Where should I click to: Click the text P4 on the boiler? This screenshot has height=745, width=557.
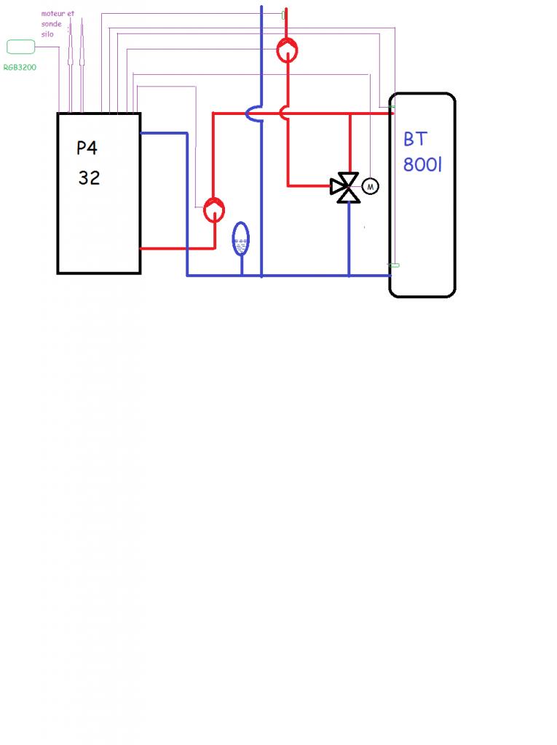coord(87,148)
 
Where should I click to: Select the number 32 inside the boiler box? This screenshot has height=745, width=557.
coord(89,178)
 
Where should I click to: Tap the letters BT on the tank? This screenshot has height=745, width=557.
coord(414,140)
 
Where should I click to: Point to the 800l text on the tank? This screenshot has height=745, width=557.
coord(422,164)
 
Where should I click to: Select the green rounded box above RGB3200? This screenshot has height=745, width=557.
coord(20,47)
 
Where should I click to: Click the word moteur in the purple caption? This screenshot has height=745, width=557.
coord(53,14)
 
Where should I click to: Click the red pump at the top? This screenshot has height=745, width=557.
coord(287,50)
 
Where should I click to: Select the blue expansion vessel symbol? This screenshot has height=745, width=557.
coord(240,239)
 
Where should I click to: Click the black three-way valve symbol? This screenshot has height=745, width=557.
coord(344,187)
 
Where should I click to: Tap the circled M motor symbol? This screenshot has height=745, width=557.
coord(371,186)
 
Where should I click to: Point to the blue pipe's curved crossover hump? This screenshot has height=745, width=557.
coord(253,113)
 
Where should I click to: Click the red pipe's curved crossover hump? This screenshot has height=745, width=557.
coord(283,113)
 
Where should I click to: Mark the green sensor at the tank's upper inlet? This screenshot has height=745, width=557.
coord(392,108)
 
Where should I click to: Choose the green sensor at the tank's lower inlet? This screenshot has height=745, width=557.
coord(394,266)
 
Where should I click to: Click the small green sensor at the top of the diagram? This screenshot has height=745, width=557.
coord(283,15)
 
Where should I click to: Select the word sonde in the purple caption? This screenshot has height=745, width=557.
coord(52,24)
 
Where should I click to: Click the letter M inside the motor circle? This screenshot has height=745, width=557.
coord(371,187)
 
